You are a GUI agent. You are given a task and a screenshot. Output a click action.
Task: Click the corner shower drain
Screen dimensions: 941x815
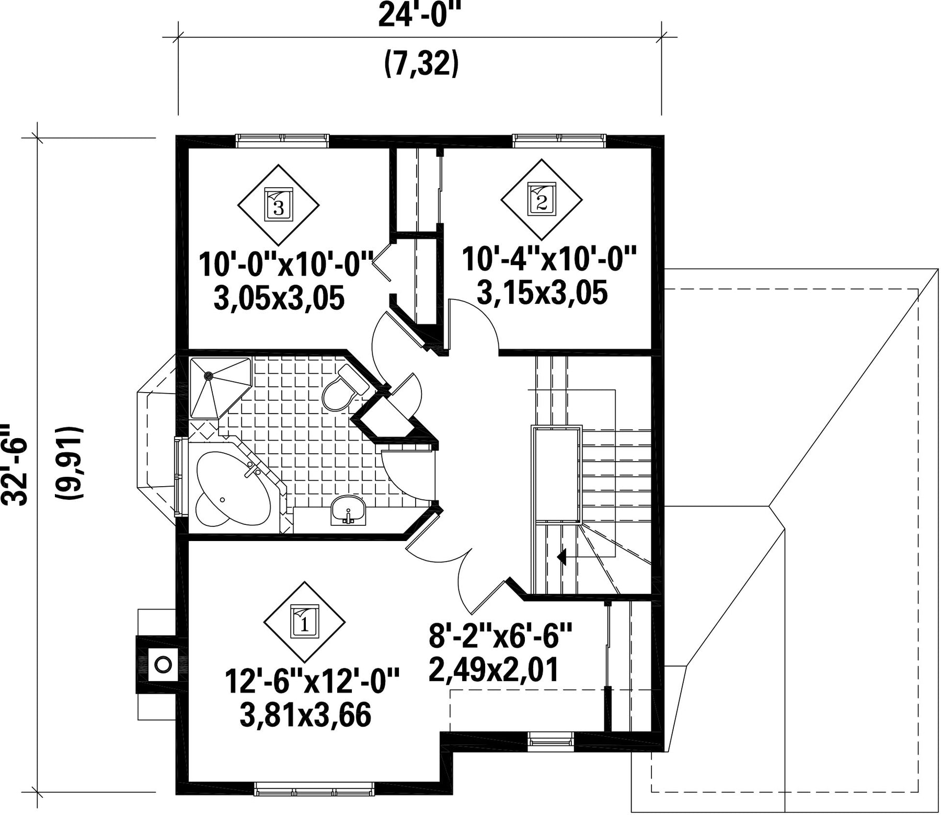coord(208,374)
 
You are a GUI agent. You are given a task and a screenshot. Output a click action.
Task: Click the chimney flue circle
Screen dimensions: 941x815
coord(163,664)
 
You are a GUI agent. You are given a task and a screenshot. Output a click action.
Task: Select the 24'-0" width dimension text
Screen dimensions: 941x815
coord(421,15)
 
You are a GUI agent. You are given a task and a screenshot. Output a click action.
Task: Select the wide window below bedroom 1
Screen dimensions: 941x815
coord(315,803)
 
